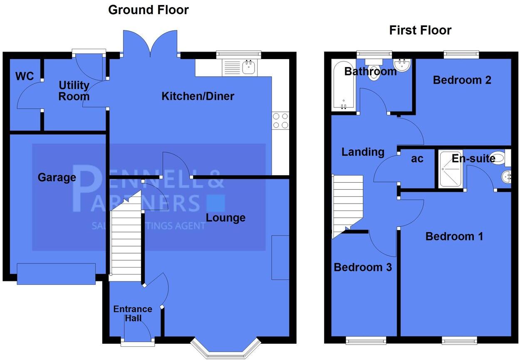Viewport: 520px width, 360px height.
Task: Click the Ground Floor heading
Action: coord(148,10)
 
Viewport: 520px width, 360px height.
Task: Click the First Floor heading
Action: coord(420,30)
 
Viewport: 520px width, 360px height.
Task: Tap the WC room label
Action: coord(25,77)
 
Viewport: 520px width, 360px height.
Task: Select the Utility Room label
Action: coord(74,91)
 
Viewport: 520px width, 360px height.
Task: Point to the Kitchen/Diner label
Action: coord(198,97)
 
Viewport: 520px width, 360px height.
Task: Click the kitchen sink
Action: coord(249,67)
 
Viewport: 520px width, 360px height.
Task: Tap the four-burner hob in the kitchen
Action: coord(280,120)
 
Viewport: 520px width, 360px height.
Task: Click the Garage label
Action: coord(57,178)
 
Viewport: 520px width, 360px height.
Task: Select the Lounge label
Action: coord(225,218)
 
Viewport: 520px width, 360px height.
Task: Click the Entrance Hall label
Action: coord(133,314)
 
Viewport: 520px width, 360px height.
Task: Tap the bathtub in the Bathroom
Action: coord(343,85)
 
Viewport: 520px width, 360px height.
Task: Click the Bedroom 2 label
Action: coord(462,80)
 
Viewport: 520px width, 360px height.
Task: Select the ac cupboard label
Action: coord(417,159)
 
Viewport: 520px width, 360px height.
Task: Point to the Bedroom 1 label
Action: coord(454,237)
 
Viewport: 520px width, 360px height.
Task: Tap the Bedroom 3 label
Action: coord(363,267)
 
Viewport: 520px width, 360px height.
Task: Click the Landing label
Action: coord(363,152)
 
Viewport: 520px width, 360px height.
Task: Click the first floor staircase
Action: coord(347,204)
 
